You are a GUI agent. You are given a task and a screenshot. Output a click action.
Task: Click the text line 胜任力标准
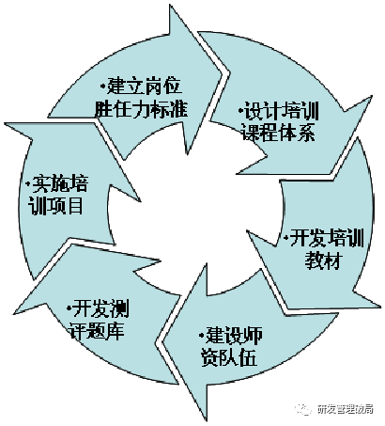coord(141,109)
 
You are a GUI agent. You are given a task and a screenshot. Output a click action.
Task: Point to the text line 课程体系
coord(278,133)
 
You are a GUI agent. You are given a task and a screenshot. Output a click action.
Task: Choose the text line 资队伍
coord(229,357)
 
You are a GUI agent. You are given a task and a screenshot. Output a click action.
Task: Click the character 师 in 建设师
coord(253,336)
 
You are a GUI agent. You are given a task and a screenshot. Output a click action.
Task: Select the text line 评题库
coord(97,331)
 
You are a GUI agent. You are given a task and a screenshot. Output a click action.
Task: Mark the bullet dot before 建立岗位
coord(103,86)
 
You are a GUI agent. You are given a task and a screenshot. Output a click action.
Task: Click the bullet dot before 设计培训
coord(240,111)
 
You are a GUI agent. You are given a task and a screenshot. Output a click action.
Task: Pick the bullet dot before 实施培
coord(29,183)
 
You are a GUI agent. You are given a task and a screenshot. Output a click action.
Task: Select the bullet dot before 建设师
coord(202,336)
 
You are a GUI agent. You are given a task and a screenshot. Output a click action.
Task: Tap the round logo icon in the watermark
coord(303,409)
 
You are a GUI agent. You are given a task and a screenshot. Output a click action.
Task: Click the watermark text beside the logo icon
coord(345,409)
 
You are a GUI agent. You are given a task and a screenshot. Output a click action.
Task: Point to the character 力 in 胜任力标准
coord(141,109)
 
